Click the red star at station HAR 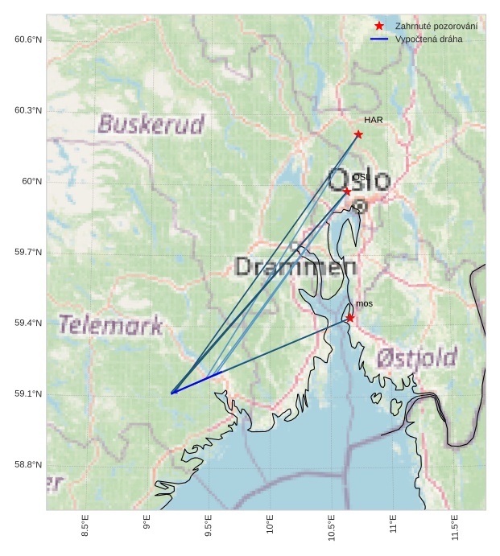pos(358,134)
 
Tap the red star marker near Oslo pos(346,192)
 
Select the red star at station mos pos(350,318)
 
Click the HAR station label pos(373,120)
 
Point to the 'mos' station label pos(365,303)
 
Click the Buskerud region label pos(151,124)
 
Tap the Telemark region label pos(110,325)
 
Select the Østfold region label pos(417,357)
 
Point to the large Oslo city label pos(358,180)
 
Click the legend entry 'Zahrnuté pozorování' pos(436,27)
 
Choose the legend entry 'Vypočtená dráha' pos(428,39)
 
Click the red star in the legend pos(379,27)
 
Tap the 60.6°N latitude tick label pos(27,39)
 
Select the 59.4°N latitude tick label pos(27,323)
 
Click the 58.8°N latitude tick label pos(27,464)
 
